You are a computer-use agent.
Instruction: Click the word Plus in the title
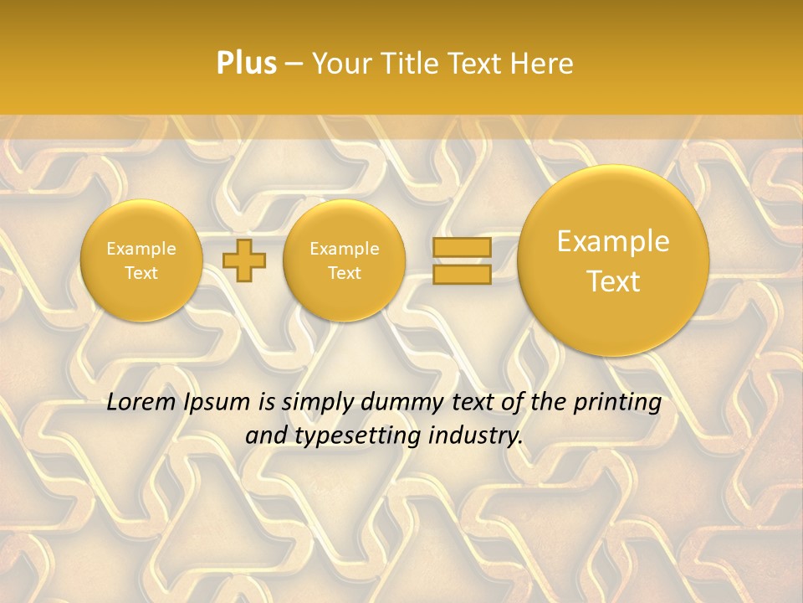[x=246, y=64]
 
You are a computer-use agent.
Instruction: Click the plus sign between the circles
[x=244, y=260]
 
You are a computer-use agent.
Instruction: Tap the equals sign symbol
[x=462, y=260]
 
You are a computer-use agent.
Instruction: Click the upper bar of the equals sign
[x=462, y=247]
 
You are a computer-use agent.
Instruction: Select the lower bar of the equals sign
[x=462, y=275]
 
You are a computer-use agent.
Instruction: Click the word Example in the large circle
[x=613, y=241]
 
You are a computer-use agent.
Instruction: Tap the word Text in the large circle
[x=613, y=281]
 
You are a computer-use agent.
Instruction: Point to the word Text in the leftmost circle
[x=141, y=273]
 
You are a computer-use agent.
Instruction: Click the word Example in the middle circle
[x=344, y=249]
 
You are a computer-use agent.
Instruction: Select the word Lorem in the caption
[x=141, y=402]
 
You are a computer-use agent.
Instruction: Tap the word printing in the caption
[x=617, y=403]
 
